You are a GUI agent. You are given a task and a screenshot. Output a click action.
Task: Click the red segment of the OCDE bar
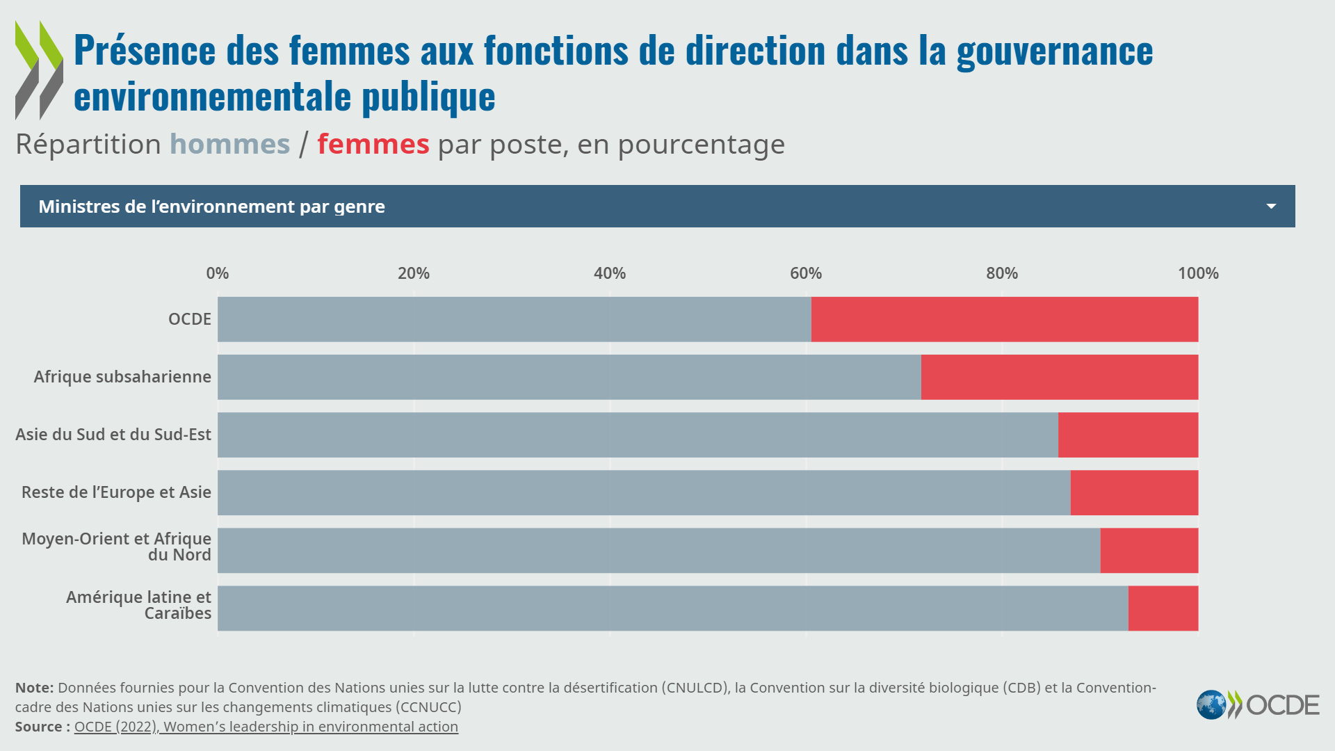(1004, 319)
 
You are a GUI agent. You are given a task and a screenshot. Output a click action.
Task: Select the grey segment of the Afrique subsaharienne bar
(569, 377)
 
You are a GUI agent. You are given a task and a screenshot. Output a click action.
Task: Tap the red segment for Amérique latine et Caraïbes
(1163, 608)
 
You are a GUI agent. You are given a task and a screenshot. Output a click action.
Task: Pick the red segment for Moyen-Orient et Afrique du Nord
(1149, 551)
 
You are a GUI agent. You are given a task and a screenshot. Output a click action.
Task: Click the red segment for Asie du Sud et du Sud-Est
(1128, 435)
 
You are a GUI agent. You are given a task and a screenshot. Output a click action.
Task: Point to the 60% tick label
(805, 273)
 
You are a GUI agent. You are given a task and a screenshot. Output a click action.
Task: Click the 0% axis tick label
(217, 273)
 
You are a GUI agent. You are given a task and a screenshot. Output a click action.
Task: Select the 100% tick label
(1197, 273)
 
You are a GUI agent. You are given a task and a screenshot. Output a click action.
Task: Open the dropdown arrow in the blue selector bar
(1271, 207)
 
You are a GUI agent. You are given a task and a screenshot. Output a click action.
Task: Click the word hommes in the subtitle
(229, 145)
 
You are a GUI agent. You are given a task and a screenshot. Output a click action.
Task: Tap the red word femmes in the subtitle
(373, 145)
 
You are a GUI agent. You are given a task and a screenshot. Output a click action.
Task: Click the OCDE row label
(189, 319)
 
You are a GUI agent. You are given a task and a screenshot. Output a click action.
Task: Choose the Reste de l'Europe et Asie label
(116, 492)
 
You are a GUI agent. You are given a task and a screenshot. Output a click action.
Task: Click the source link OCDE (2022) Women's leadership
(266, 727)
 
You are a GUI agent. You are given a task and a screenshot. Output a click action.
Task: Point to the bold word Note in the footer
(33, 688)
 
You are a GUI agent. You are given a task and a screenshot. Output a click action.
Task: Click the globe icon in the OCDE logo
(1211, 705)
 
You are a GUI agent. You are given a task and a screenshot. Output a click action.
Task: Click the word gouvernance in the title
(1054, 51)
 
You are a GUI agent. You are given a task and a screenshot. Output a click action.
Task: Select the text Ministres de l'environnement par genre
(211, 207)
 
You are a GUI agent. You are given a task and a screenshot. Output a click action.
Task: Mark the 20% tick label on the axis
(413, 273)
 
